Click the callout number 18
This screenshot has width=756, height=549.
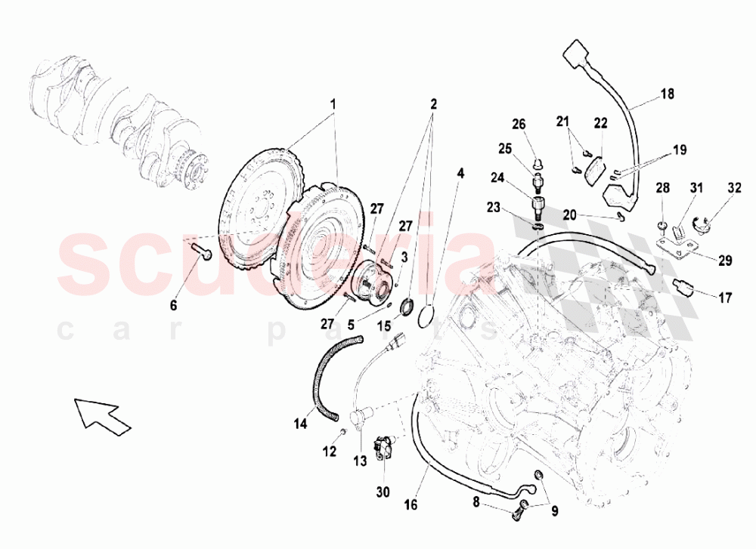[x=667, y=94]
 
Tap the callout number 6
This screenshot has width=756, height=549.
[x=173, y=305]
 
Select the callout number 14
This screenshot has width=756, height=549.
[x=301, y=424]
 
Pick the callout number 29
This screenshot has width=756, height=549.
[x=725, y=261]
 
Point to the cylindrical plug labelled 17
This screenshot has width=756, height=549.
[x=683, y=288]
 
